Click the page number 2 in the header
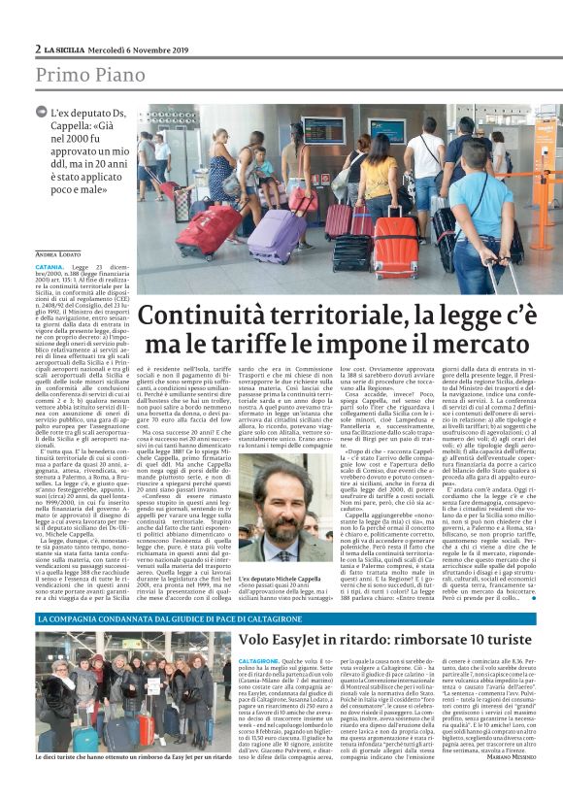point(38,49)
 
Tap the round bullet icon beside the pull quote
point(41,115)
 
